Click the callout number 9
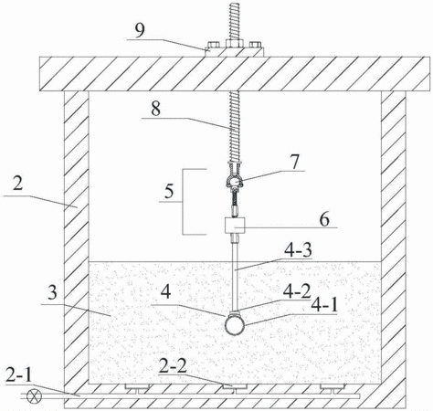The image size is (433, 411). pyautogui.click(x=140, y=30)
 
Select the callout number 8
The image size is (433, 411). pyautogui.click(x=155, y=110)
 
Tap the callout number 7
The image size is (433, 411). pyautogui.click(x=295, y=162)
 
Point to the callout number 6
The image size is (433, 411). pyautogui.click(x=324, y=219)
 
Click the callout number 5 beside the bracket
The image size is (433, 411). pyautogui.click(x=169, y=191)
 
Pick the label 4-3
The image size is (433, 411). pyautogui.click(x=298, y=250)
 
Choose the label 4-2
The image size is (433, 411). pyautogui.click(x=297, y=292)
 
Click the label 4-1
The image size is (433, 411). pyautogui.click(x=324, y=305)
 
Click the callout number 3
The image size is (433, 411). pyautogui.click(x=52, y=293)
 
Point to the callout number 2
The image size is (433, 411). pyautogui.click(x=17, y=184)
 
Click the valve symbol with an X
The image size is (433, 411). pyautogui.click(x=34, y=396)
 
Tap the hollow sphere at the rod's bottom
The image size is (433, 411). pyautogui.click(x=235, y=325)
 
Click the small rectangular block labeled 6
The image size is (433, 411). pyautogui.click(x=235, y=226)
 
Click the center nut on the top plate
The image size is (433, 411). pyautogui.click(x=234, y=44)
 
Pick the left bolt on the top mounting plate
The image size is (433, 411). pyautogui.click(x=213, y=45)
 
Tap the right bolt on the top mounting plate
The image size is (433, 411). pyautogui.click(x=256, y=45)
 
